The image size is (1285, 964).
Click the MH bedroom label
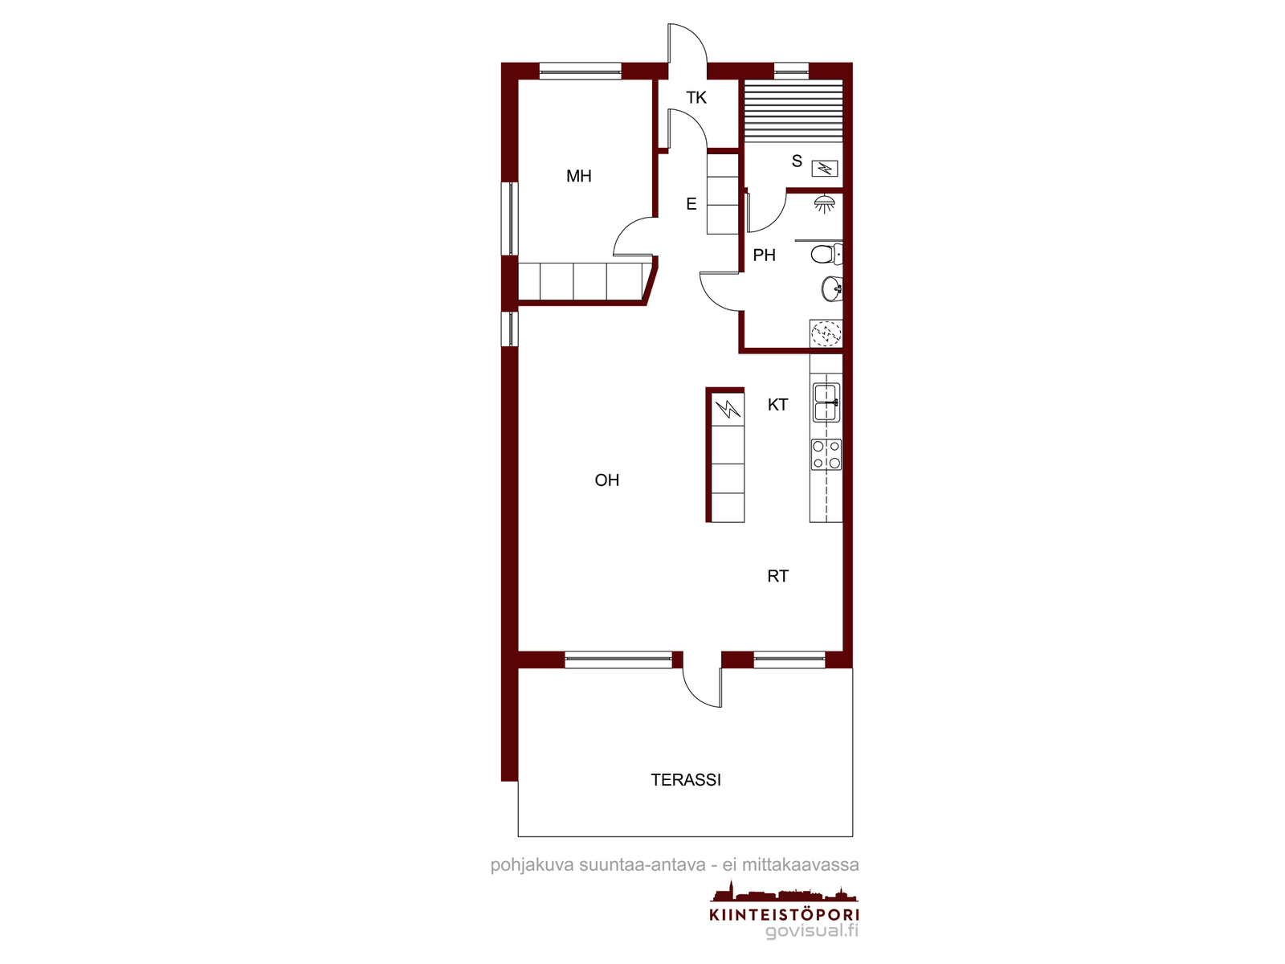coord(578,176)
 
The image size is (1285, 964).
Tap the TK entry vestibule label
coord(696,98)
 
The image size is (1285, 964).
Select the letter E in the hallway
coord(691,204)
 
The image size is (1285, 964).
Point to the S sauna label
coord(797,161)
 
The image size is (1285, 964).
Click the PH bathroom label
coord(764,255)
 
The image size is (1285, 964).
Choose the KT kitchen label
coord(778,404)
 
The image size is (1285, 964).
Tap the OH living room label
coord(606,480)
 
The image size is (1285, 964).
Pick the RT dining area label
coord(778,576)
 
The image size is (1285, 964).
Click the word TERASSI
coord(686,779)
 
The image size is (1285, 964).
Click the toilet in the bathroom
coord(826,254)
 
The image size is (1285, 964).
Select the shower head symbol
coord(824,204)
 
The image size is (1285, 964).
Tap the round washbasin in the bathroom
coord(832,288)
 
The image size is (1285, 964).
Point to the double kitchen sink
coord(826,402)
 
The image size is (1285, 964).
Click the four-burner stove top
coord(826,455)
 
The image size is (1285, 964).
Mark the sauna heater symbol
coord(824,170)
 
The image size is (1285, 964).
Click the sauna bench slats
coord(793,111)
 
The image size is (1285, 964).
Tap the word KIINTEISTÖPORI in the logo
coord(784,914)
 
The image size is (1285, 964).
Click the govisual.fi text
coord(812,930)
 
